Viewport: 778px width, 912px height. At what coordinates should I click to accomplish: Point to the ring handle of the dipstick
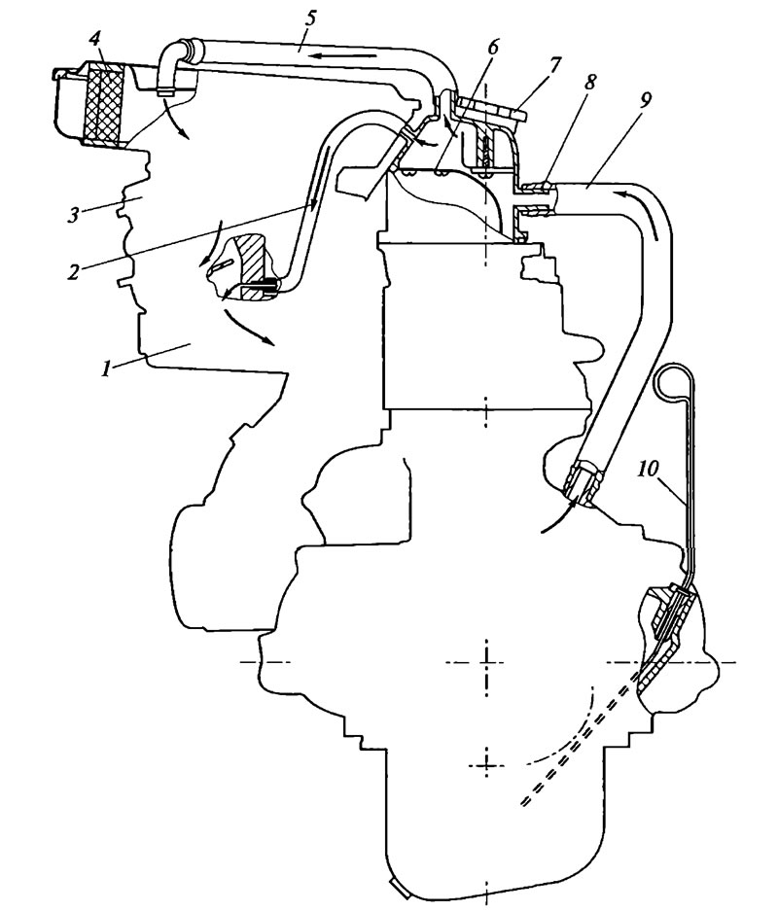[x=672, y=381]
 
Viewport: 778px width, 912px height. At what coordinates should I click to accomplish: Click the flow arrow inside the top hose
[x=340, y=56]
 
